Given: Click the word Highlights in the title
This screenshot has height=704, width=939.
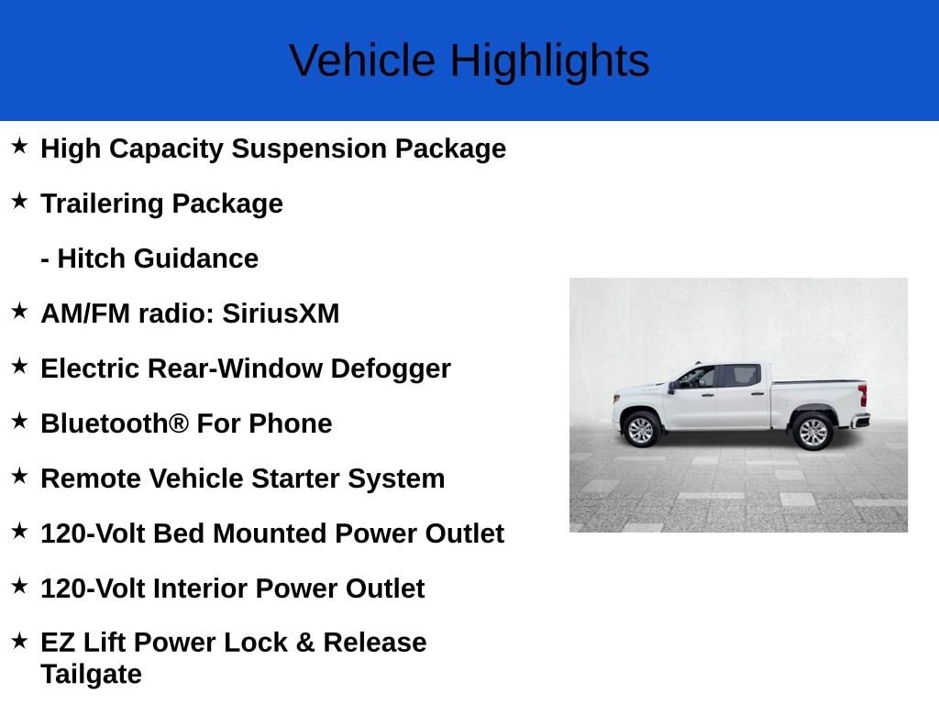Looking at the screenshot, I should pos(549,61).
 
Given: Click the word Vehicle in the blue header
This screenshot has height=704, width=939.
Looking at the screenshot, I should pos(362,61).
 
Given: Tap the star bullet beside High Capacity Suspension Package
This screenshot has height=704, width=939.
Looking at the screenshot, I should pos(19,146).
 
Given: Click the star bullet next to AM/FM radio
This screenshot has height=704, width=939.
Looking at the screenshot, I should pos(19,311).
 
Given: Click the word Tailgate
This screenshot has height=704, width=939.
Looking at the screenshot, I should pos(91,675).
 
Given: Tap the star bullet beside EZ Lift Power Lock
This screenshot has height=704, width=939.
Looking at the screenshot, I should pos(19,641).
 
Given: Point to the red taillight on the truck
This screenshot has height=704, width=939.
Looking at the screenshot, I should pos(862,395).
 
